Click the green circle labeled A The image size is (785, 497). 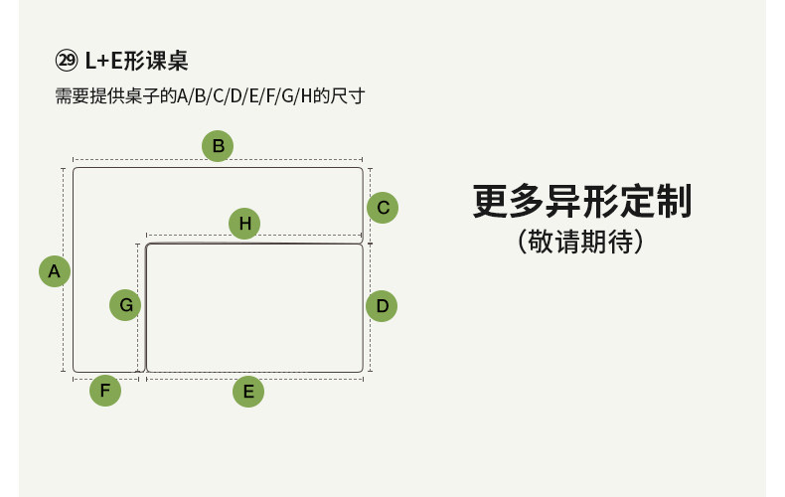pos(55,271)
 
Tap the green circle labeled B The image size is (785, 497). pos(218,146)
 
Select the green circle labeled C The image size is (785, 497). pos(383,208)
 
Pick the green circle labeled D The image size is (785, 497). pos(382,305)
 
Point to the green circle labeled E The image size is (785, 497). pos(248,392)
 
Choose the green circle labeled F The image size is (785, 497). pos(105,391)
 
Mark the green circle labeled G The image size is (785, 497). pos(125,305)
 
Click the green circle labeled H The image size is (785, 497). pos(244,223)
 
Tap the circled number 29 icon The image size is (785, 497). pos(67,61)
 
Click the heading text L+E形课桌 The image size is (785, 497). pos(136,61)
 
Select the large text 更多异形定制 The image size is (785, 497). pos(581,202)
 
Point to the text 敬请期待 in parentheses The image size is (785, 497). pos(581,243)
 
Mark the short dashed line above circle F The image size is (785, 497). pos(105,379)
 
